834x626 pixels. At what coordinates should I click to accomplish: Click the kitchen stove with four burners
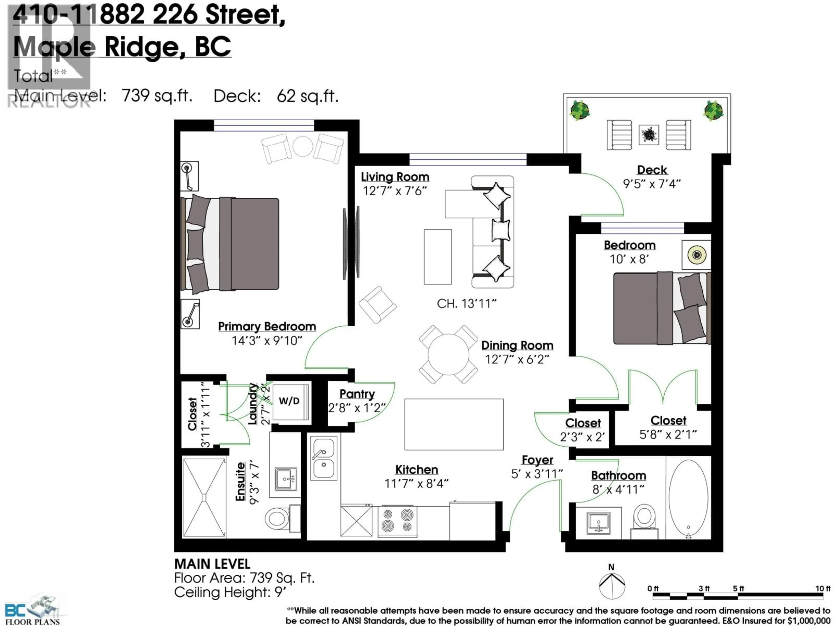[397, 521]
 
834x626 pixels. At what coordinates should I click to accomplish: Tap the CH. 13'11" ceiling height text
[466, 304]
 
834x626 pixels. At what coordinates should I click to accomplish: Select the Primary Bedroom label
[267, 326]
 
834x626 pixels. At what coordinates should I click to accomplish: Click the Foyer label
[537, 460]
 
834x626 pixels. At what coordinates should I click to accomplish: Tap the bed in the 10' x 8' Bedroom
[662, 308]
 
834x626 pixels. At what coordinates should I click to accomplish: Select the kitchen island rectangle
[453, 424]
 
